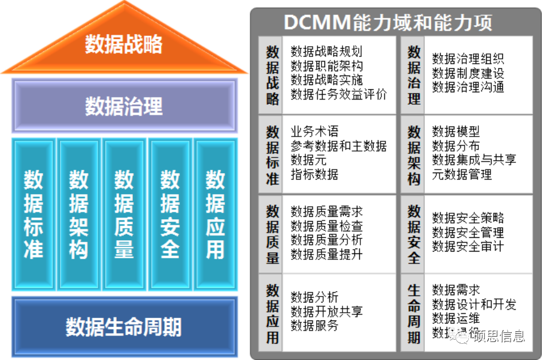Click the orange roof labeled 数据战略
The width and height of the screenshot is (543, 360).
pyautogui.click(x=124, y=45)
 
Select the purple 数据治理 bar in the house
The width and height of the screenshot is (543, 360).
pyautogui.click(x=124, y=107)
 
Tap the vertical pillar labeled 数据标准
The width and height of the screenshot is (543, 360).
pyautogui.click(x=34, y=214)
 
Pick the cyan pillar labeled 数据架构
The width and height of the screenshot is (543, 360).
pyautogui.click(x=78, y=214)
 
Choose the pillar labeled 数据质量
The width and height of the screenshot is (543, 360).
pyautogui.click(x=124, y=214)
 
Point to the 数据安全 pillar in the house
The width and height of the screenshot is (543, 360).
pyautogui.click(x=170, y=214)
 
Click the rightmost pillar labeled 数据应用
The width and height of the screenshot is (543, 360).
pyautogui.click(x=215, y=214)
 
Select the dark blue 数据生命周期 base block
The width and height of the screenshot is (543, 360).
pyautogui.click(x=124, y=327)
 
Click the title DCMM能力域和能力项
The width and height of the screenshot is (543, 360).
pyautogui.click(x=388, y=23)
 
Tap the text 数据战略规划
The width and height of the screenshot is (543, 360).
pyautogui.click(x=326, y=52)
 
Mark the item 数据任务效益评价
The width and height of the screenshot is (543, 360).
pyautogui.click(x=338, y=95)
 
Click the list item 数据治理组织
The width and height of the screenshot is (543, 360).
pyautogui.click(x=468, y=59)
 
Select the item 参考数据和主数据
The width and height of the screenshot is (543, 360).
pyautogui.click(x=338, y=146)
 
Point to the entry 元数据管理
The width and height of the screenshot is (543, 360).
pyautogui.click(x=462, y=174)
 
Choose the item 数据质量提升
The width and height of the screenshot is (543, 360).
pyautogui.click(x=326, y=254)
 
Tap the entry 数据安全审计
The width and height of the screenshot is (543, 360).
pyautogui.click(x=468, y=246)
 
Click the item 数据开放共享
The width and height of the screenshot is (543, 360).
pyautogui.click(x=326, y=311)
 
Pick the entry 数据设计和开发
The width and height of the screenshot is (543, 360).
pyautogui.click(x=474, y=304)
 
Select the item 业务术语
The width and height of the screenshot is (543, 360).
pyautogui.click(x=314, y=132)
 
